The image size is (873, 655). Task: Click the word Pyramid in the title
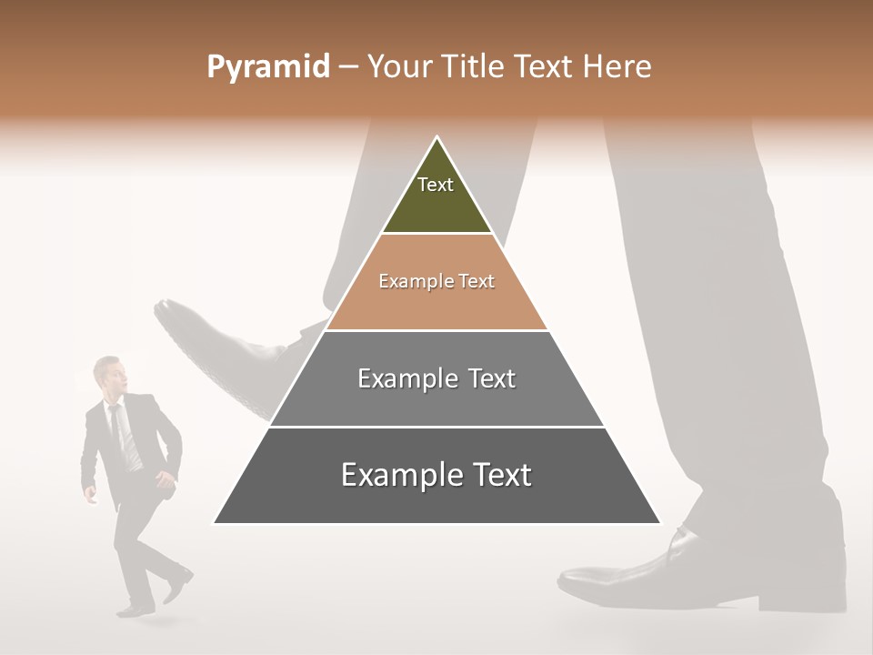(x=267, y=67)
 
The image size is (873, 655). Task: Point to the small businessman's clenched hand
(x=89, y=496)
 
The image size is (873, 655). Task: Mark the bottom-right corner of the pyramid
(x=659, y=523)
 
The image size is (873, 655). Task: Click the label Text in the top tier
(x=436, y=185)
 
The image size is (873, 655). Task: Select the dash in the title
(x=348, y=67)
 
